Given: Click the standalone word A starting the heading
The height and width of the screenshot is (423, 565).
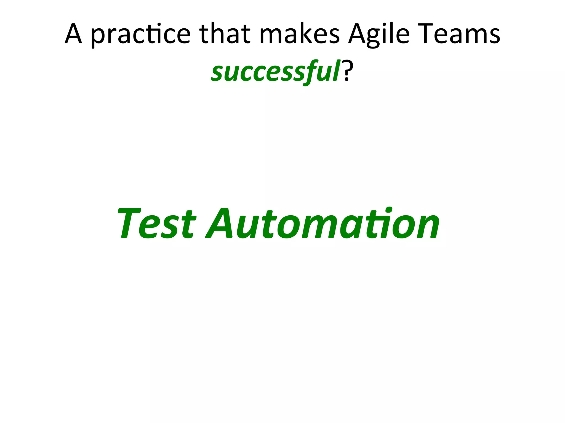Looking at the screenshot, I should click(73, 34).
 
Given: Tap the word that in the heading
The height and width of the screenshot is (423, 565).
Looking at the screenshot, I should click(225, 34).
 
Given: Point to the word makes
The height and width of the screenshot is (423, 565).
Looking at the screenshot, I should click(300, 34).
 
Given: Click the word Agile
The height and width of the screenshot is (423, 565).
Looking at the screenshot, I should click(379, 34).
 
